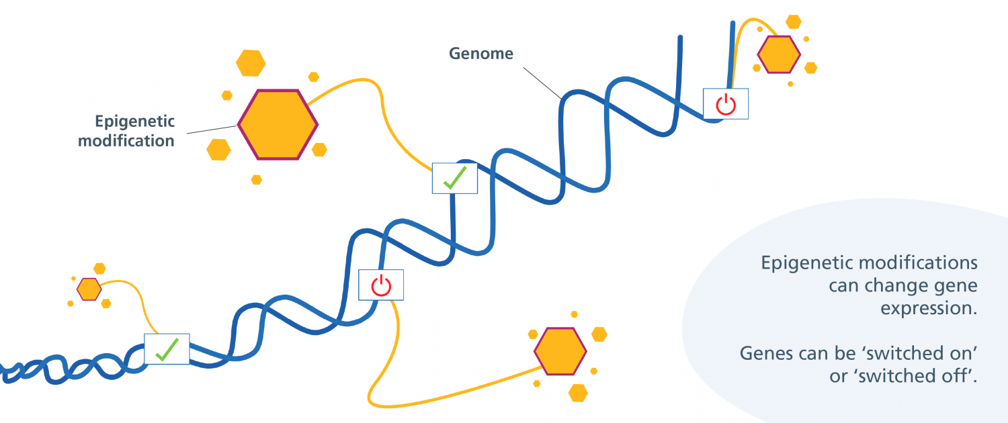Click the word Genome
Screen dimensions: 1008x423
[481, 54]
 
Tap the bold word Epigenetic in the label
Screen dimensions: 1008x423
[134, 122]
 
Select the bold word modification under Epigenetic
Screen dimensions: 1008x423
[126, 141]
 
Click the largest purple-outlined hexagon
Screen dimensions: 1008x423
[278, 124]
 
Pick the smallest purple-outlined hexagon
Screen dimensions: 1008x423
[89, 289]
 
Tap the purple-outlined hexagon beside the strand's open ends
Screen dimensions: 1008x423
[779, 54]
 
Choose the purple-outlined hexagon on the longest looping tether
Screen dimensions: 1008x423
[560, 351]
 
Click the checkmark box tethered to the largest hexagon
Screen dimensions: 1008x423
[454, 179]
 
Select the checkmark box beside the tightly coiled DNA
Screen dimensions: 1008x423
[167, 349]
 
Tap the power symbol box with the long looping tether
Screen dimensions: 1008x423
[381, 285]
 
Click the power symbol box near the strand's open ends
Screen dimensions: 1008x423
[725, 104]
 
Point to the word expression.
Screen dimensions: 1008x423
[929, 308]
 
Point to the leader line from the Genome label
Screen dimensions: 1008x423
[542, 83]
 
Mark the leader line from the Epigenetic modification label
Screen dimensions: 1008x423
[212, 130]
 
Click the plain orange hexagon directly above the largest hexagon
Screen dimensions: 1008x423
[251, 63]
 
